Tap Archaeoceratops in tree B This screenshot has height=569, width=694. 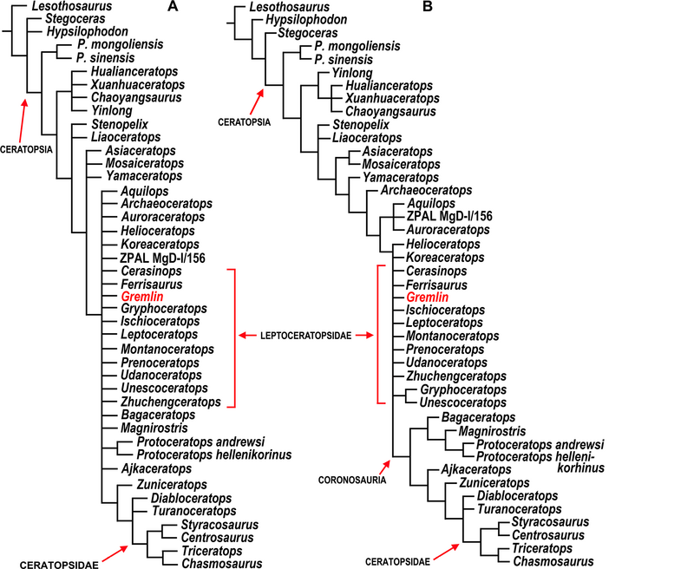click(x=426, y=191)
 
